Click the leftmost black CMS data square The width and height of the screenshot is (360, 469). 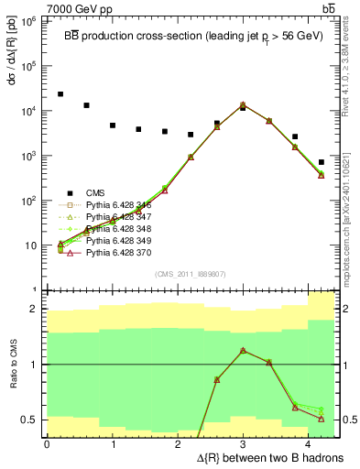[x=60, y=94]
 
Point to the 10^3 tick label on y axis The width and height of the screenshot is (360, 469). [x=31, y=156]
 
